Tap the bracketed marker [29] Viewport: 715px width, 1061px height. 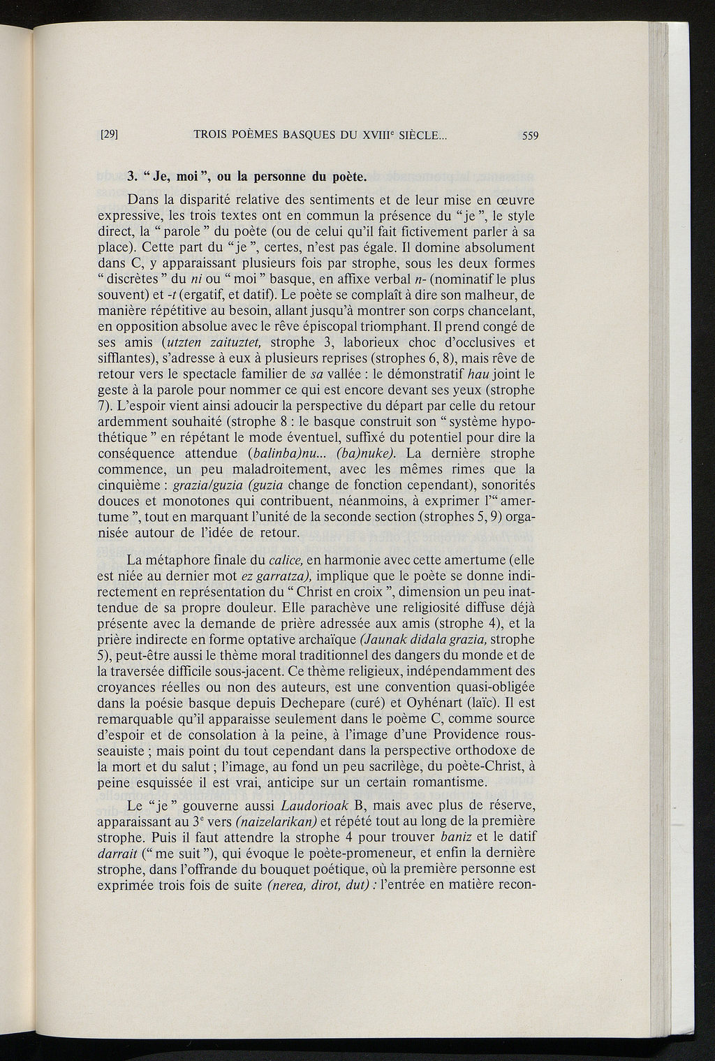pos(108,136)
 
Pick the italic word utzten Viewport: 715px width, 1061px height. pos(184,342)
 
